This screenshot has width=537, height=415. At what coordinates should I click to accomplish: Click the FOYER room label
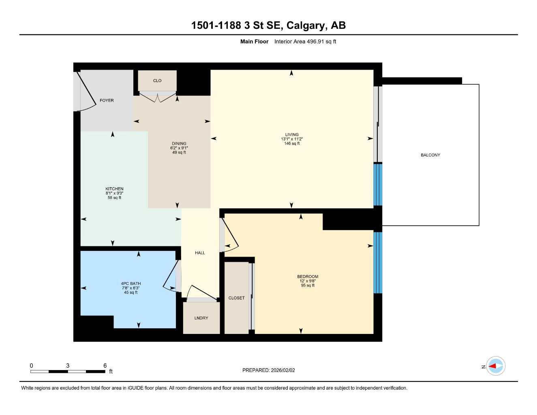107,101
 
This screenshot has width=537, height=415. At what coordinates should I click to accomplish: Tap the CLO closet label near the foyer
157,81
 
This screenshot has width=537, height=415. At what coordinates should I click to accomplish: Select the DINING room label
179,143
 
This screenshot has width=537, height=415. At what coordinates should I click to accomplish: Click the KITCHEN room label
114,189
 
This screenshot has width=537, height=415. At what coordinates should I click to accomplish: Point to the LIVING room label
291,135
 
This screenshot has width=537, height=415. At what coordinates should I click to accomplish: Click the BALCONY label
430,155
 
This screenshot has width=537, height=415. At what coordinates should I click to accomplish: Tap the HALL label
200,253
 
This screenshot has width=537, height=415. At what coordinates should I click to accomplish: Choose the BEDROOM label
308,277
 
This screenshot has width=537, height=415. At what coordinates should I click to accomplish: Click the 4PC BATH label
131,284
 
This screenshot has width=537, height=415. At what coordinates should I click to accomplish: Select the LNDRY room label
201,318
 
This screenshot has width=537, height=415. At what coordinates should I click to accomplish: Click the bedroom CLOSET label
236,298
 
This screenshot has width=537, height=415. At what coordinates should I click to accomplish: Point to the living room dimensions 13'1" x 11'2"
292,139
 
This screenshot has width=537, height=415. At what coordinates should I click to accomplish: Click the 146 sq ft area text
292,143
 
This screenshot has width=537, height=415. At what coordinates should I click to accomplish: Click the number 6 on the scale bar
105,366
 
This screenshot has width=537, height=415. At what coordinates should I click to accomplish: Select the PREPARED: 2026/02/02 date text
269,370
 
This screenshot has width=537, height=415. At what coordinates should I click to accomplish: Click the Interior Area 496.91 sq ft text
305,41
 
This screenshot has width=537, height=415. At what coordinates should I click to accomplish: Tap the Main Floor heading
254,41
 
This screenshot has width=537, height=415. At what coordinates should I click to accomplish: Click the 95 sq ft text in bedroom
308,285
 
